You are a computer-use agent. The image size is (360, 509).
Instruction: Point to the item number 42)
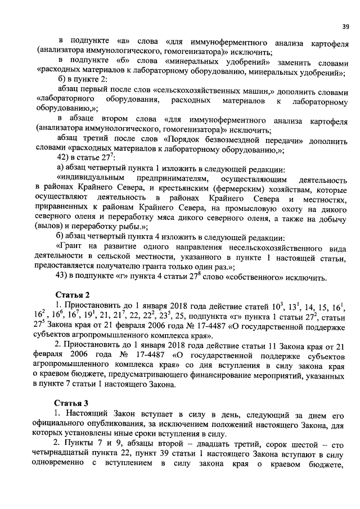pyautogui.click(x=63, y=158)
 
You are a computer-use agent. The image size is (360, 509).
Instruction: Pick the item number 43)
pyautogui.click(x=63, y=277)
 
